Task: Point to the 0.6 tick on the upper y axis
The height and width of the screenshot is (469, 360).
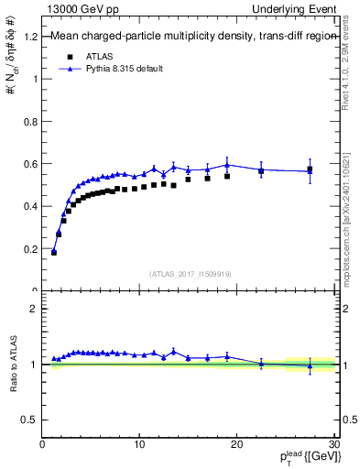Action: [33, 164]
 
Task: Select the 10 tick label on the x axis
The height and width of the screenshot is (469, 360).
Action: [139, 444]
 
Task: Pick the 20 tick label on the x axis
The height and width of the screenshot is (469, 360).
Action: [236, 444]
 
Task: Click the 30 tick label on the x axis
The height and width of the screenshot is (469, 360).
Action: [333, 444]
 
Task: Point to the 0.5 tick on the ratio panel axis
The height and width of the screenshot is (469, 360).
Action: [33, 420]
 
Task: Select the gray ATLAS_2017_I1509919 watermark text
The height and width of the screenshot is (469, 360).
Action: [190, 273]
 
